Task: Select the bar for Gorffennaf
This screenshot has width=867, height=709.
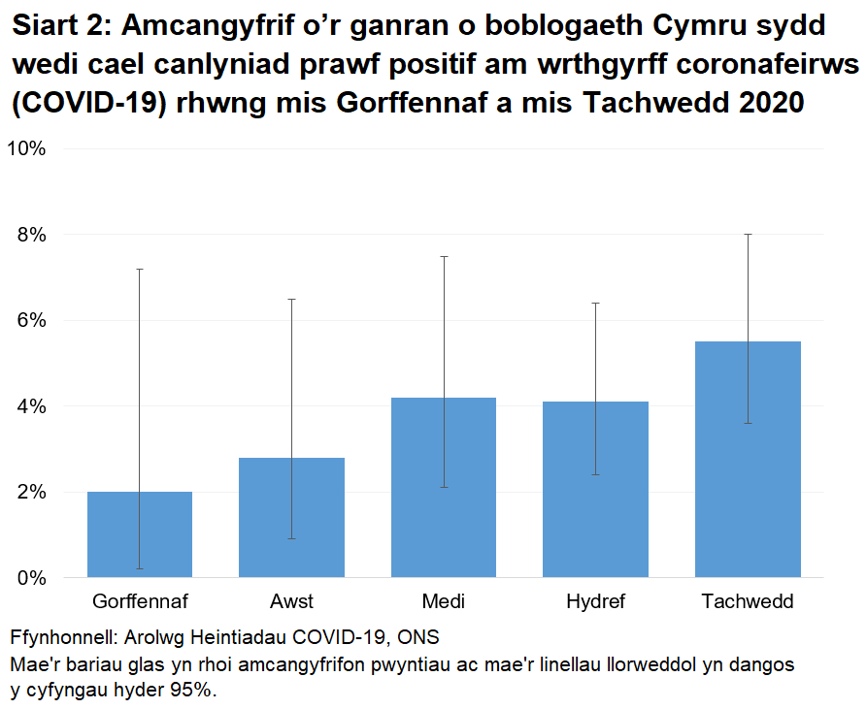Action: point(140,534)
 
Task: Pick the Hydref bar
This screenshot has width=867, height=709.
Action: point(595,489)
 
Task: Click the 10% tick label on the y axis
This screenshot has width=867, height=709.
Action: point(27,148)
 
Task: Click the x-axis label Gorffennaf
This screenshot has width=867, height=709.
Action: point(140,601)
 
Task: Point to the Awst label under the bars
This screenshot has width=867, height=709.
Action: point(292,601)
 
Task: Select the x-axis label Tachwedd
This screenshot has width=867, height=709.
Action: point(748,601)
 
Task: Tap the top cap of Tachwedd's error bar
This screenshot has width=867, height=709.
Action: point(748,234)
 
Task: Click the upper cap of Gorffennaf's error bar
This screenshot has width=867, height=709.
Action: point(140,269)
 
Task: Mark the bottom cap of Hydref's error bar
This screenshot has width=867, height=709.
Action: point(595,474)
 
